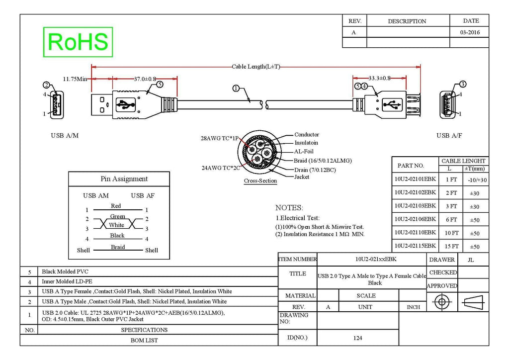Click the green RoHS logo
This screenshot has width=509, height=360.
(78, 42)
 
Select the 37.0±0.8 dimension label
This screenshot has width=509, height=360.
(145, 79)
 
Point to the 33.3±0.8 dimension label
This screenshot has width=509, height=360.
(379, 78)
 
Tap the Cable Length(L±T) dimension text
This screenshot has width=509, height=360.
(256, 67)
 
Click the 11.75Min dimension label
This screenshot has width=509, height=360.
(75, 79)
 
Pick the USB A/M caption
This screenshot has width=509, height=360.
(65, 135)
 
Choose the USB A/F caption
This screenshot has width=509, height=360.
(449, 135)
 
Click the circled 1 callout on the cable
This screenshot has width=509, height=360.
(236, 89)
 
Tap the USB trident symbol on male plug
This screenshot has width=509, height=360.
(125, 105)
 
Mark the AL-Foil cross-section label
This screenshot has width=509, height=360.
(304, 151)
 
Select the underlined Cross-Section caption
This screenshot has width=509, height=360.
(260, 181)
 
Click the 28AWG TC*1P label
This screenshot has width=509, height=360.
(219, 138)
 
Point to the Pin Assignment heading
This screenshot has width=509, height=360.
(124, 179)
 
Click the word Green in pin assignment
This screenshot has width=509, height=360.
(117, 216)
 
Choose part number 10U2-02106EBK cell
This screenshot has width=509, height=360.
(415, 219)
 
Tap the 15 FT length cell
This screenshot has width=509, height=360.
(451, 247)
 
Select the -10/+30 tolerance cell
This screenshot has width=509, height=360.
(477, 180)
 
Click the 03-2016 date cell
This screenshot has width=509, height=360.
(470, 32)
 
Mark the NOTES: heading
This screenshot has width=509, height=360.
(289, 208)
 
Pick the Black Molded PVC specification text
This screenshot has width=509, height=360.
(65, 271)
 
